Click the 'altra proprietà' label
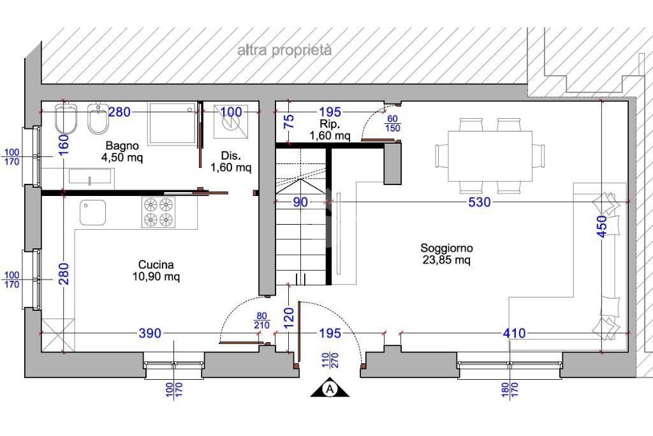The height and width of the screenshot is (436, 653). pyautogui.click(x=284, y=50)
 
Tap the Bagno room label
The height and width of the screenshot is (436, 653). pyautogui.click(x=122, y=151)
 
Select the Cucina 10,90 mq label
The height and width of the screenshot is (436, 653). pyautogui.click(x=156, y=271)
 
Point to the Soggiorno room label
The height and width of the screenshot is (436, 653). pyautogui.click(x=446, y=254)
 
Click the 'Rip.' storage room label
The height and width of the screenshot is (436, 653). pyautogui.click(x=330, y=130)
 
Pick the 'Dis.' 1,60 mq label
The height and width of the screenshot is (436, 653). pyautogui.click(x=231, y=162)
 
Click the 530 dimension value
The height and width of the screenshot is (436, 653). pyautogui.click(x=480, y=202)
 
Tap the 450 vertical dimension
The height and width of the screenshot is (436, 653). pyautogui.click(x=602, y=227)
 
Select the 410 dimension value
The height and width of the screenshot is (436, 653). pyautogui.click(x=515, y=333)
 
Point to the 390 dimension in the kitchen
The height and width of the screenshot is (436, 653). pyautogui.click(x=149, y=333)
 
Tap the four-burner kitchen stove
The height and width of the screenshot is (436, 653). pyautogui.click(x=158, y=212)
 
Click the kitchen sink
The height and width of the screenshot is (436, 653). pyautogui.click(x=92, y=212)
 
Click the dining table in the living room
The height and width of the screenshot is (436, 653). pyautogui.click(x=490, y=156)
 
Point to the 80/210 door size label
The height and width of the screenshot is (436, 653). pyautogui.click(x=261, y=321)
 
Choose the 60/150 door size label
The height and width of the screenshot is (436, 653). pyautogui.click(x=392, y=124)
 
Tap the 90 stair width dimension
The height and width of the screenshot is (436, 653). pyautogui.click(x=300, y=202)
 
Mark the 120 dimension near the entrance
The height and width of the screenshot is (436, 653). pyautogui.click(x=288, y=317)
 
